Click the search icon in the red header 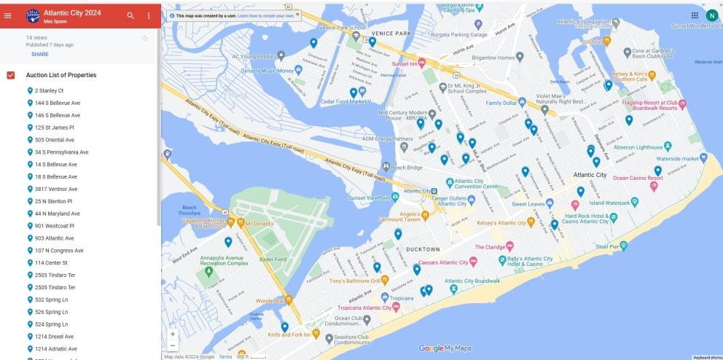tap(130, 15)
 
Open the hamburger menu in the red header tap(9, 15)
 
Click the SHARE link tap(40, 54)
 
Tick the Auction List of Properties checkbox tap(11, 75)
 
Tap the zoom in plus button tap(173, 334)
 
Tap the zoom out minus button tap(173, 345)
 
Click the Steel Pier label tap(611, 247)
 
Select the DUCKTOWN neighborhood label tap(423, 249)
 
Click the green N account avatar tap(711, 15)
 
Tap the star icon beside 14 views tap(145, 38)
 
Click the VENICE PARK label tap(391, 34)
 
